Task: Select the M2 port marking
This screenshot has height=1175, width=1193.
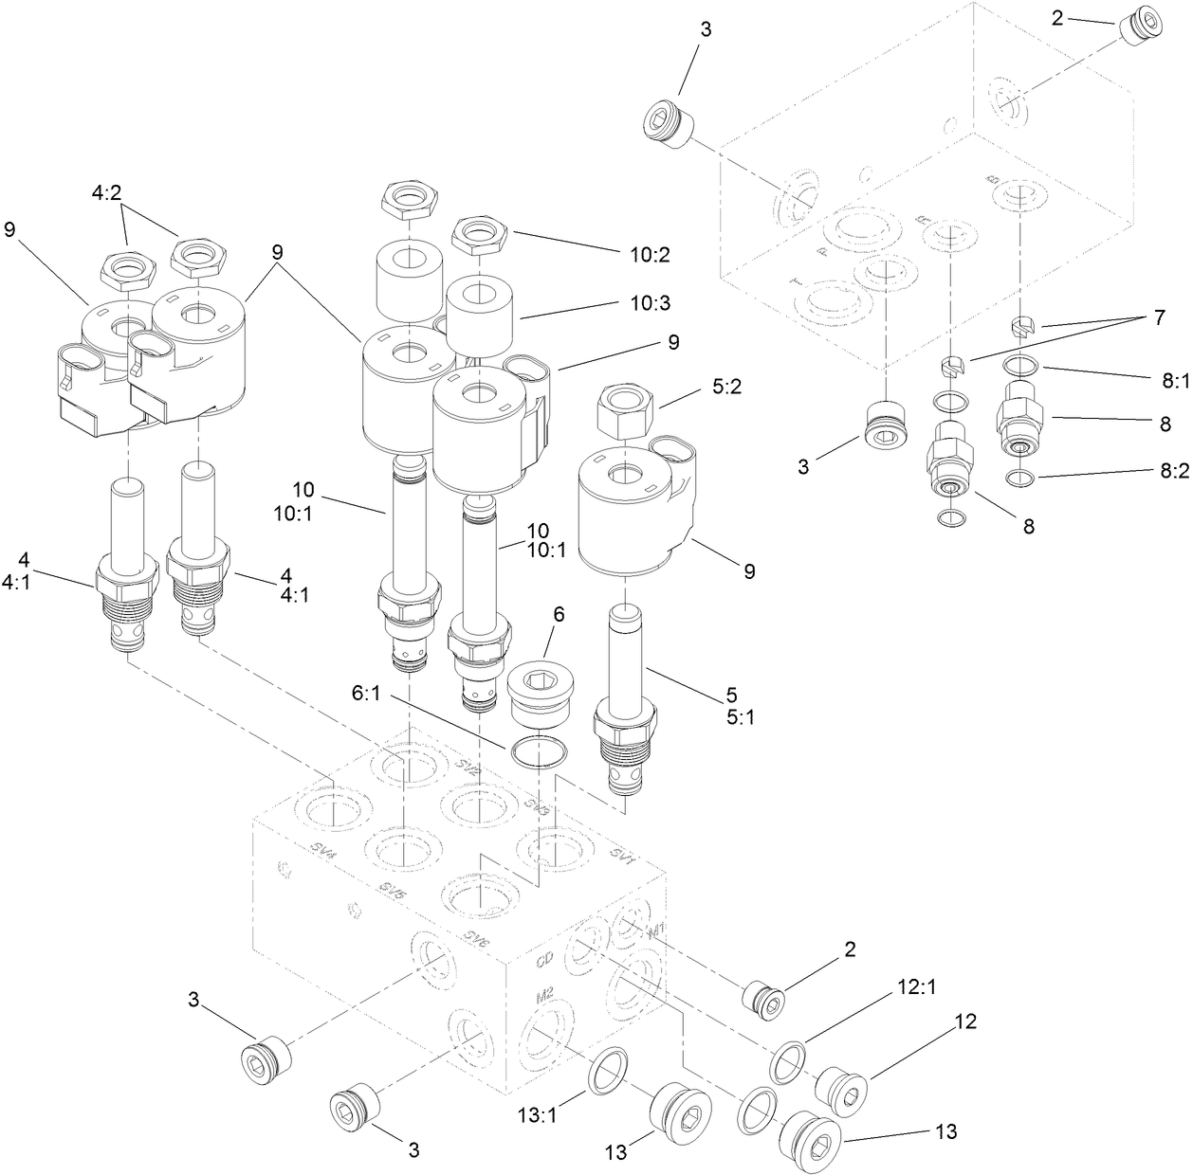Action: (544, 997)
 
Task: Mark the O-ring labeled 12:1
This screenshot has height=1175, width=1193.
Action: (788, 1059)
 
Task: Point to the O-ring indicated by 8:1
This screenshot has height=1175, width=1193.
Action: (1019, 364)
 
